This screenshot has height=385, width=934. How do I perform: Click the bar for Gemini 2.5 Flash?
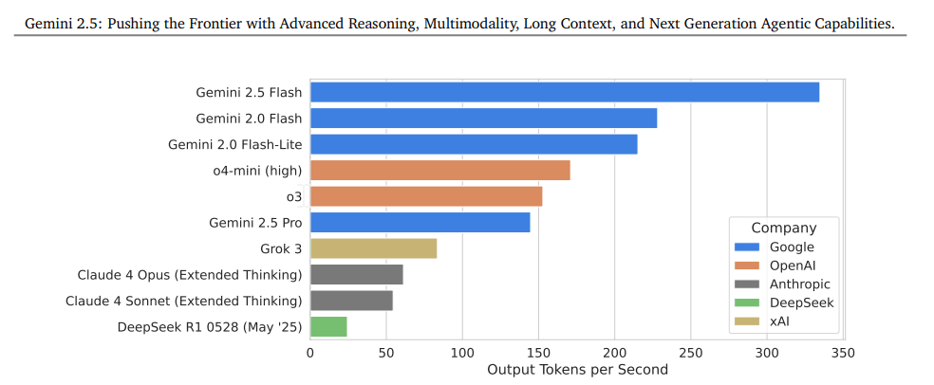coord(564,92)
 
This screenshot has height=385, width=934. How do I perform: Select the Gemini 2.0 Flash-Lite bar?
coord(474,144)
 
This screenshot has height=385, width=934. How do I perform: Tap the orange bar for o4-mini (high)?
coord(439,171)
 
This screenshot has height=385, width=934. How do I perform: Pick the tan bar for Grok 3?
coord(373,248)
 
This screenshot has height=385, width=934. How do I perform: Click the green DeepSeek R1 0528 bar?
coord(328,326)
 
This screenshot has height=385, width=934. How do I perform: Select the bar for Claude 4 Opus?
coord(356,275)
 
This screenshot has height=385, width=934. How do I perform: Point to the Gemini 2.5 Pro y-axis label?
coord(255,223)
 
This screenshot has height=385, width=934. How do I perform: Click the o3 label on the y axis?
coord(293,197)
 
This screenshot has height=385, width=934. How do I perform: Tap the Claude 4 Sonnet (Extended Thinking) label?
coord(183,301)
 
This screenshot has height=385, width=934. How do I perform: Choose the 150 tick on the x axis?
coord(538,353)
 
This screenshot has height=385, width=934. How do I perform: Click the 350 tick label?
coord(843,353)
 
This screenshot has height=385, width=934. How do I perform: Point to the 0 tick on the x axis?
coord(310,353)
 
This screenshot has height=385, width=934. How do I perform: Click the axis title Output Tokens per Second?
coord(577,369)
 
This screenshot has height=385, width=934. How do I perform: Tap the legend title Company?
coord(783,228)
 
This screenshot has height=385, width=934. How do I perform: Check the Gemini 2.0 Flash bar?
coord(483,119)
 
